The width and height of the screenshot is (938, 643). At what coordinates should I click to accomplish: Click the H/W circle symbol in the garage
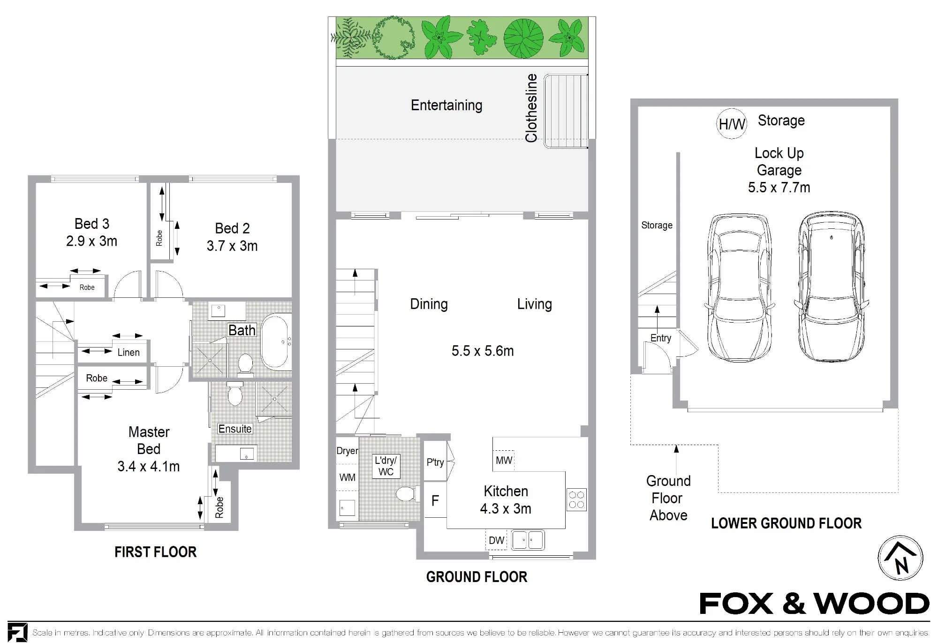732,124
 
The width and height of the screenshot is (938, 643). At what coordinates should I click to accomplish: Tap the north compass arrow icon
900,558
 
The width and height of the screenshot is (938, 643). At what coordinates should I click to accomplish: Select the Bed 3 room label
92,224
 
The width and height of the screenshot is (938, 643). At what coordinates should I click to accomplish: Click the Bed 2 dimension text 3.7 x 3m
232,246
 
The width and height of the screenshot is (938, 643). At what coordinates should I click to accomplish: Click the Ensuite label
235,429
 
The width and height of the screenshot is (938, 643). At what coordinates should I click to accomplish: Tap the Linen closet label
129,352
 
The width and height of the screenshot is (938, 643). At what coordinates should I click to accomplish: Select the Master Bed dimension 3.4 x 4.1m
149,466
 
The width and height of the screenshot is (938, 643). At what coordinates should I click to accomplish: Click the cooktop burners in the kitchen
576,499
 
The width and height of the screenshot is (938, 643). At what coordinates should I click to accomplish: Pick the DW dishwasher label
497,540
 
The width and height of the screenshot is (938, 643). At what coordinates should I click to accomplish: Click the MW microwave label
504,460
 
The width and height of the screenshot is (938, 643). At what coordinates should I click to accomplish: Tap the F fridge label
435,500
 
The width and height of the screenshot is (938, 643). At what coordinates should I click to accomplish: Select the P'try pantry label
435,462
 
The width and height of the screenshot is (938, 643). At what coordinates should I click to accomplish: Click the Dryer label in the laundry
347,451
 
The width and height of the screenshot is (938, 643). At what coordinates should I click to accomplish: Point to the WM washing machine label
347,477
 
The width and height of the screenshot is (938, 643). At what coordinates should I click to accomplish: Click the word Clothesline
531,108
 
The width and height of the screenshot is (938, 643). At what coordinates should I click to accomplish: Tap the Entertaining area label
446,105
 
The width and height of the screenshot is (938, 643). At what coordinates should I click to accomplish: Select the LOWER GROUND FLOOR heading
787,523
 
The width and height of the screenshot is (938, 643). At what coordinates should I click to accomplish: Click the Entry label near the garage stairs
661,338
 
